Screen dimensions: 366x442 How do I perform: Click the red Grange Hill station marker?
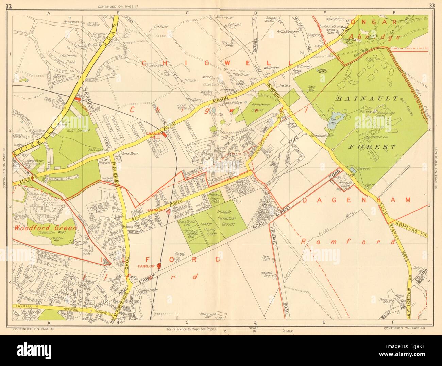point(165,135)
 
